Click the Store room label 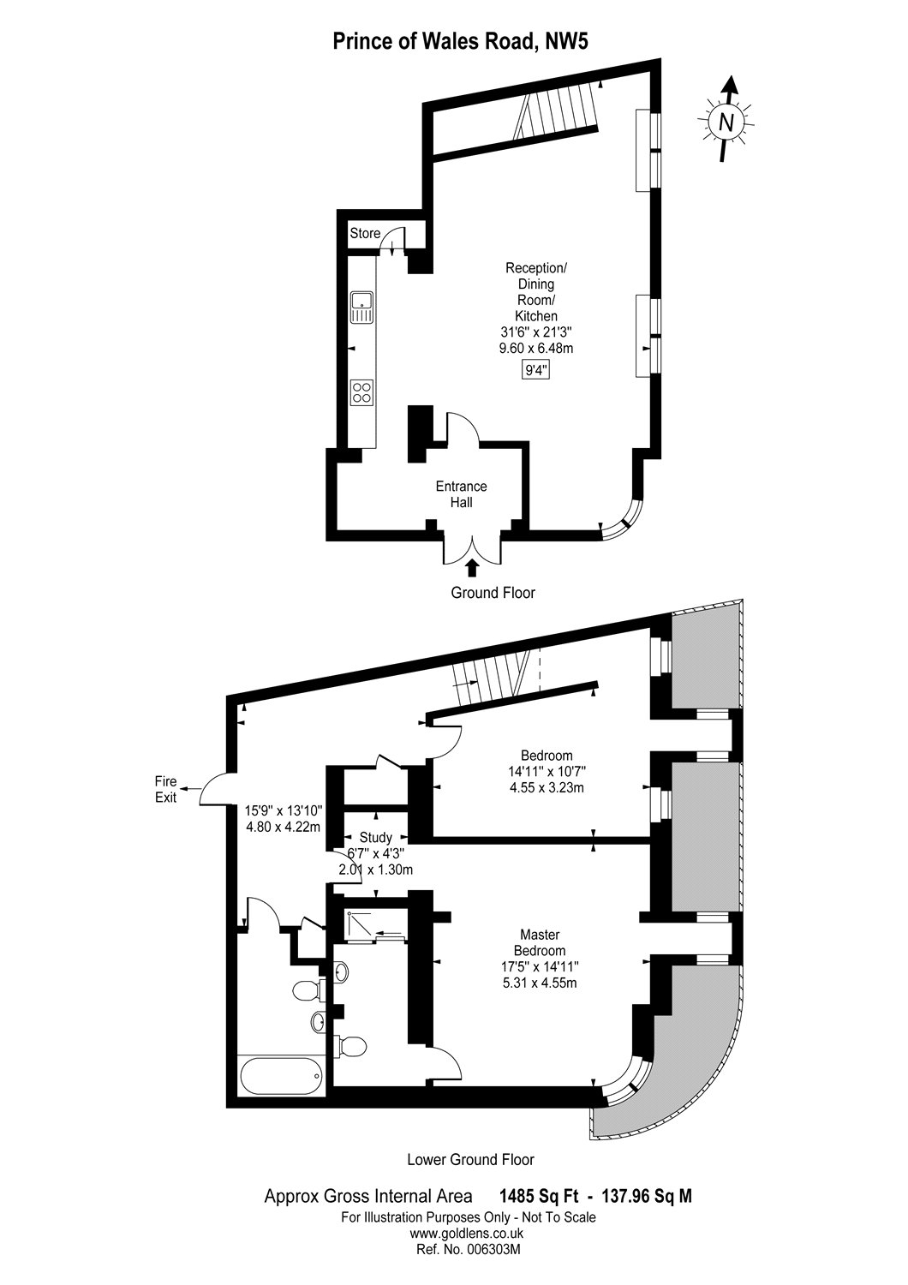click(x=365, y=233)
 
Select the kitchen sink click(x=361, y=308)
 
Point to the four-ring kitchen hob click(x=361, y=392)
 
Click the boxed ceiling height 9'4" click(x=535, y=371)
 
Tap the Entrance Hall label click(x=461, y=494)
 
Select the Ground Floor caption click(x=493, y=593)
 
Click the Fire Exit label click(x=165, y=789)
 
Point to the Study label click(x=376, y=837)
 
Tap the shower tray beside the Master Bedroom click(x=375, y=925)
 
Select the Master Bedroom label click(x=539, y=943)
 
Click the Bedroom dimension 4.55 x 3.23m click(x=546, y=787)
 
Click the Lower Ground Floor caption click(x=470, y=1160)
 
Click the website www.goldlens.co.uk click(x=467, y=1234)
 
